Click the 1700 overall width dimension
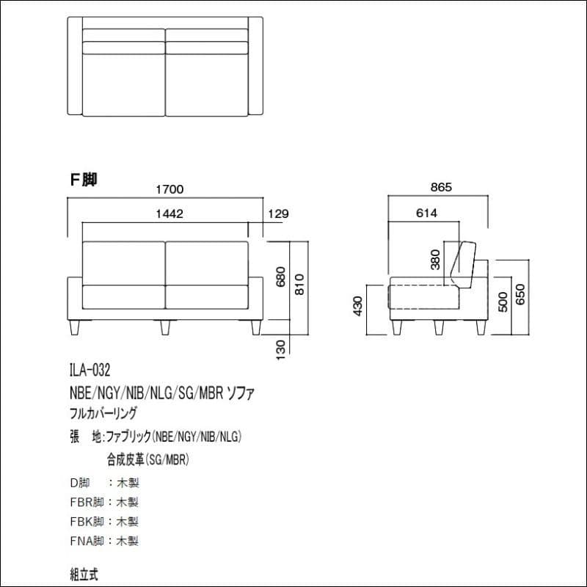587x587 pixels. pos(169,189)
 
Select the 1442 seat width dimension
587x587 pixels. pos(169,214)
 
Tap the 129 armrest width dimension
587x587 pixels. pos(279,214)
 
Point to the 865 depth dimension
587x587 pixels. pos(441,187)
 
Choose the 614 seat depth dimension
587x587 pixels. pos(426,213)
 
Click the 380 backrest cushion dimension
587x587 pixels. pos(435,260)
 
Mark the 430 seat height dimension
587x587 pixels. pos(358,306)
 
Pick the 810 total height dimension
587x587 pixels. pos(299,285)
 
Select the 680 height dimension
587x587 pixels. pos(281,277)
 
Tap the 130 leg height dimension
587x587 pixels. pos(281,350)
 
